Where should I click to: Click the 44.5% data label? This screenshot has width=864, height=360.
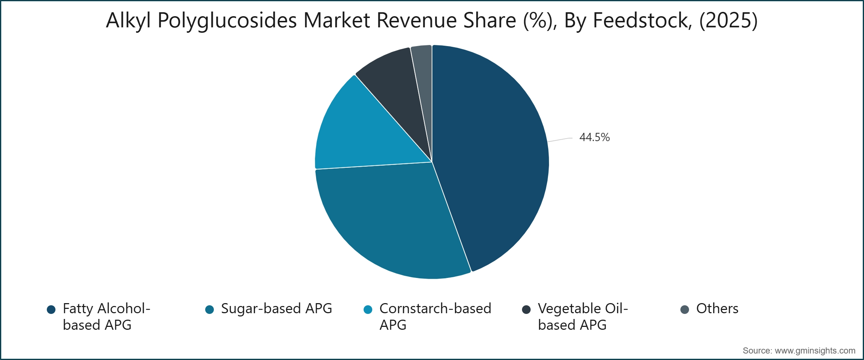pos(594,137)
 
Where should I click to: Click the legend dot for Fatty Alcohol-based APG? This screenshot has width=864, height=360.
pos(51,310)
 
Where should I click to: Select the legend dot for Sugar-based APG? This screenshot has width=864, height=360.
pos(210,310)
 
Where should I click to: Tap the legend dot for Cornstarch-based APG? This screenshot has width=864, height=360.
pos(368,310)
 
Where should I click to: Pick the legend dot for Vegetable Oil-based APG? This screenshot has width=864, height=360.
pos(526,310)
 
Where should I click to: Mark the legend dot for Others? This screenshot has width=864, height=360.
pos(685,310)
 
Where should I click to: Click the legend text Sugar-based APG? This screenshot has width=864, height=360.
pos(276,309)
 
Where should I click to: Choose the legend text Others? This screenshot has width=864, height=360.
pos(717,309)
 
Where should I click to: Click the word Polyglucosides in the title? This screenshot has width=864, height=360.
pos(227,21)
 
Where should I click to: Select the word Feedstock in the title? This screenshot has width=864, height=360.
pos(642,20)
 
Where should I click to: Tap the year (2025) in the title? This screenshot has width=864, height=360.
pos(728,21)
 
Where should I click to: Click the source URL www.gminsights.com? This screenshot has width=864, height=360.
pos(815,351)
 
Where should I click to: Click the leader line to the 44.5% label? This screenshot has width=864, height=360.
pos(560,140)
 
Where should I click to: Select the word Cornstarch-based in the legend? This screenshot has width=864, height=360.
pos(435,309)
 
